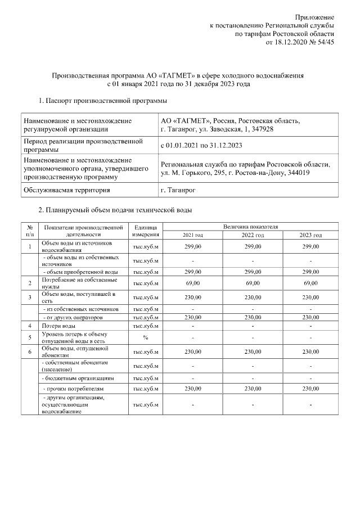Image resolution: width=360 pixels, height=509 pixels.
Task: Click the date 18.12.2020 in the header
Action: (x=292, y=43)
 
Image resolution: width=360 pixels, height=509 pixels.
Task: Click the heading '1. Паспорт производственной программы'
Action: (x=102, y=101)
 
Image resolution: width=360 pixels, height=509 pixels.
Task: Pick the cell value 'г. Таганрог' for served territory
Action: (x=177, y=191)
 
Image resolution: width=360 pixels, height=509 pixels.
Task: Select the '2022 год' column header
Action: (x=252, y=235)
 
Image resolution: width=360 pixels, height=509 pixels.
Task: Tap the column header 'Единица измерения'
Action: (x=145, y=230)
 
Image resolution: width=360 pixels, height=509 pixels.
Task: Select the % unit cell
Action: (x=145, y=337)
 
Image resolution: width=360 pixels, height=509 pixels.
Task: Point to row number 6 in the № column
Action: (x=29, y=352)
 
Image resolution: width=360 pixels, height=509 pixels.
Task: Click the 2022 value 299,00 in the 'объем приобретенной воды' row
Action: (x=252, y=271)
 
